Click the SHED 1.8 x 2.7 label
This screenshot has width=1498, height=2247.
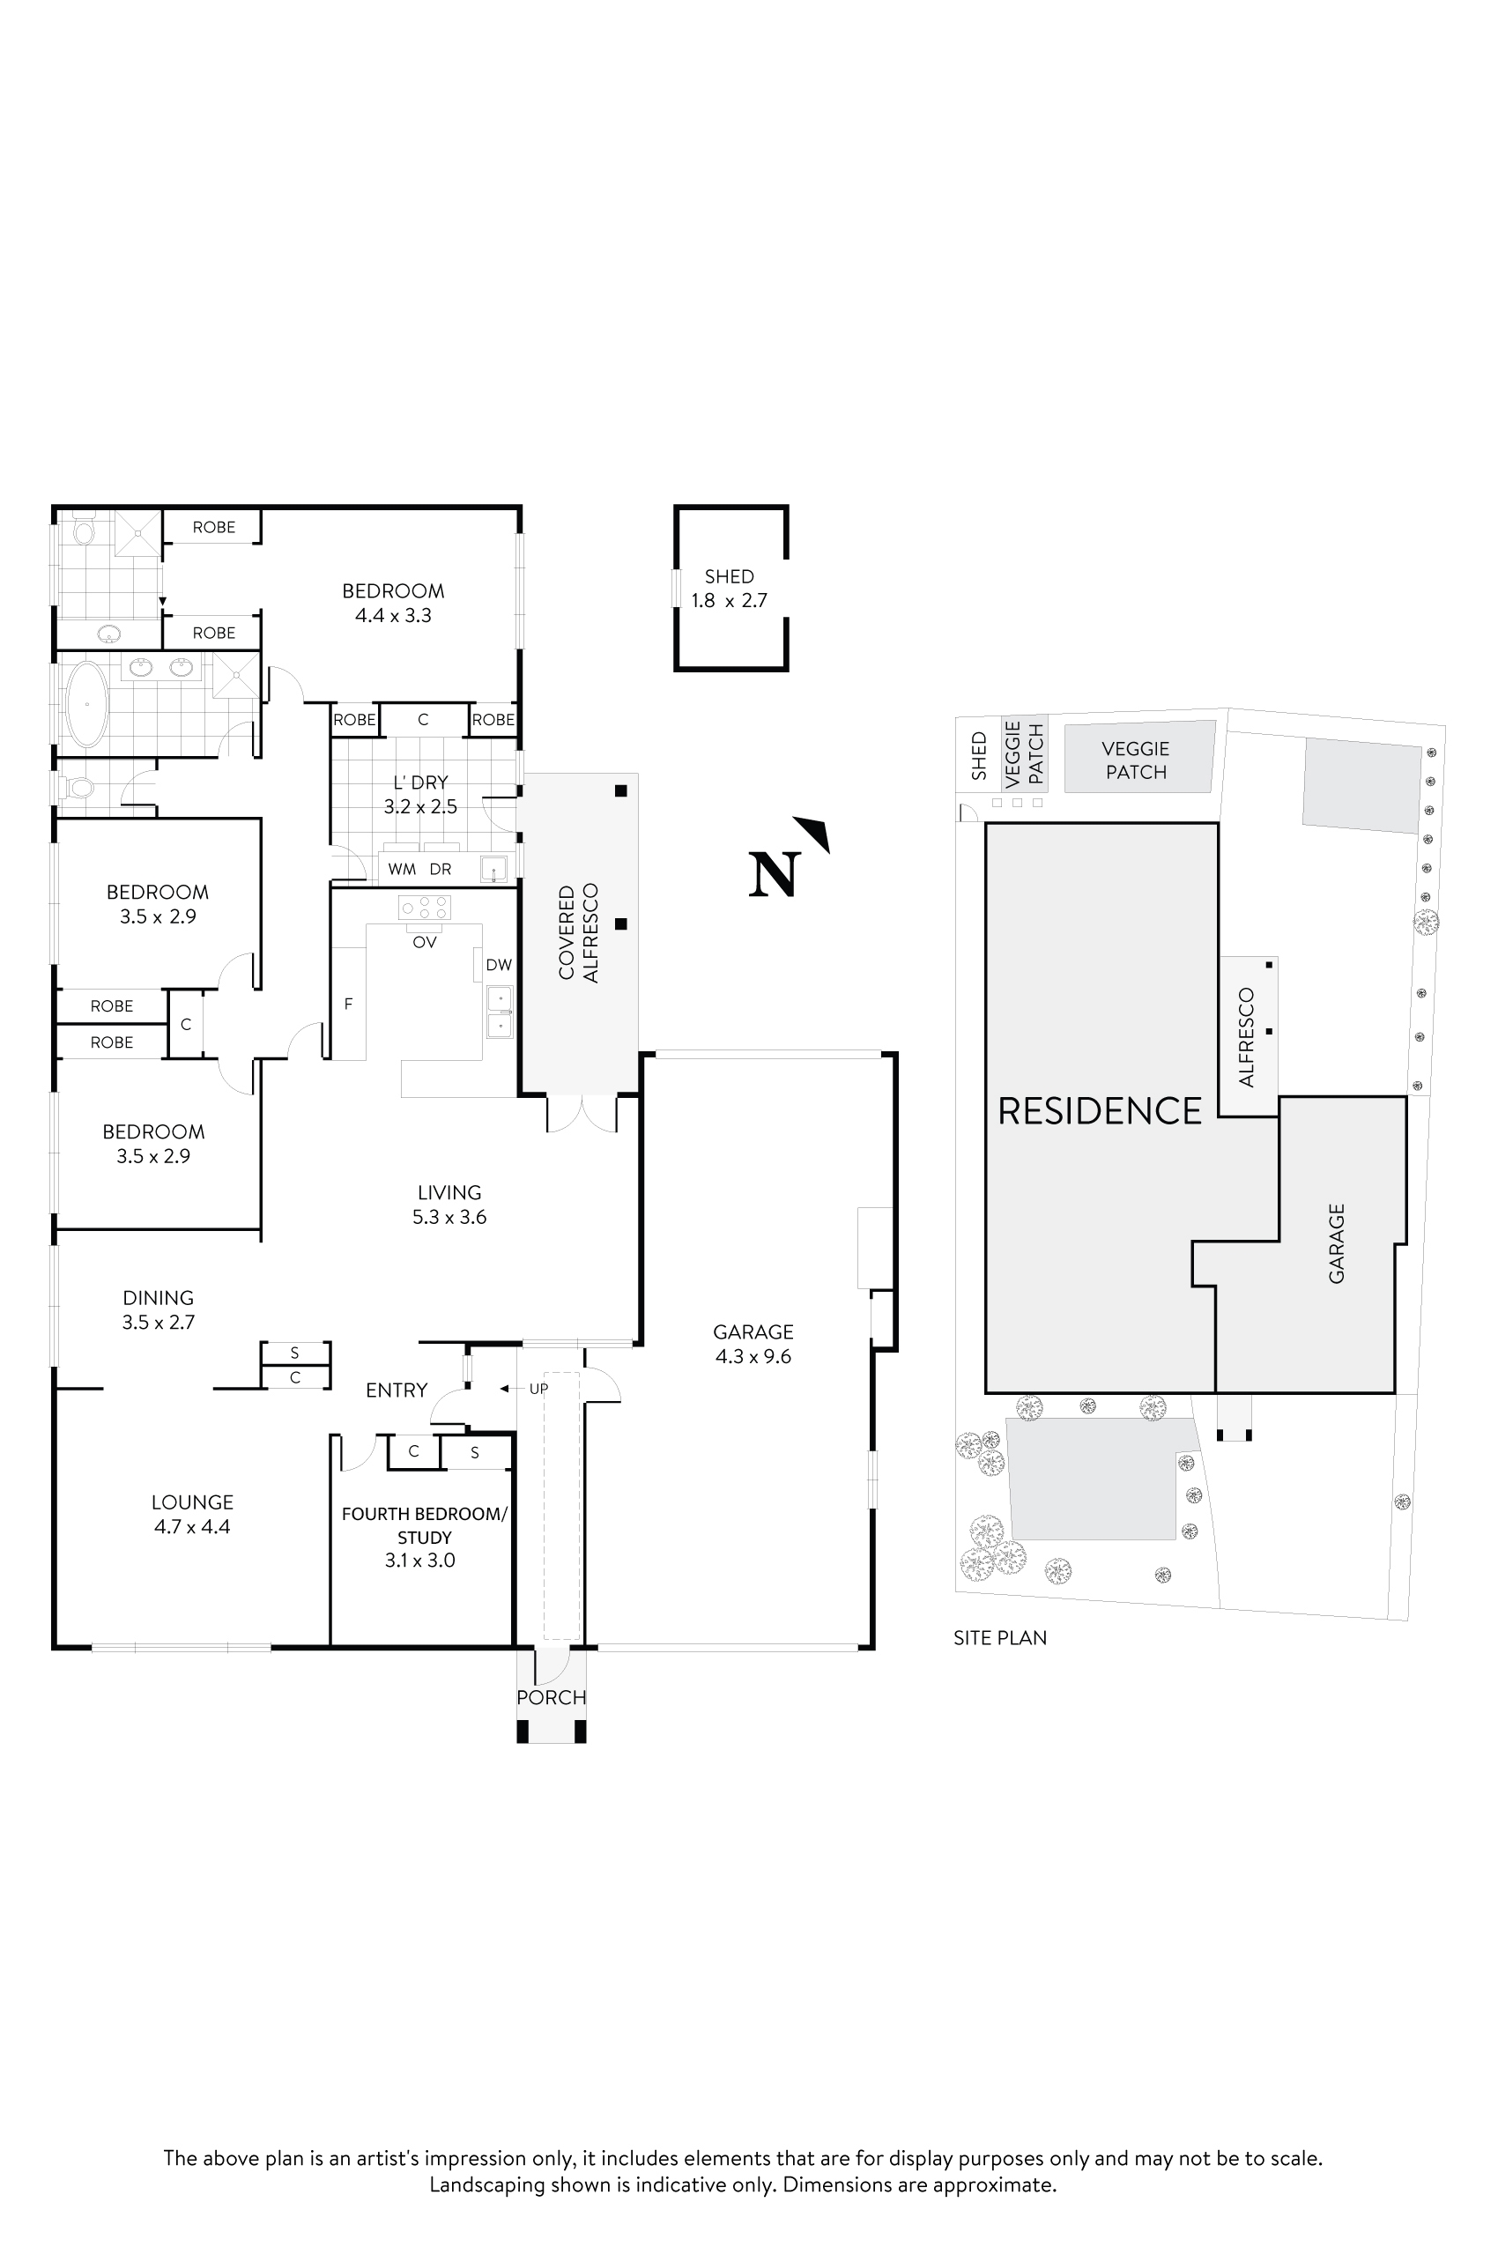(x=729, y=589)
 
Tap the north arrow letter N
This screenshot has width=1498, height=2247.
(x=773, y=874)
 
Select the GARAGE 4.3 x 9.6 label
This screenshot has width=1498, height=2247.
(x=753, y=1344)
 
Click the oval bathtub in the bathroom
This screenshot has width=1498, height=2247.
(x=87, y=703)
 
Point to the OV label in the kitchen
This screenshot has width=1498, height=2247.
(x=424, y=942)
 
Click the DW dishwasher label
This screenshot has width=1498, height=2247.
(x=499, y=965)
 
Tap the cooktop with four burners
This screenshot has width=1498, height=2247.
(x=424, y=907)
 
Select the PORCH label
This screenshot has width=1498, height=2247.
(x=552, y=1698)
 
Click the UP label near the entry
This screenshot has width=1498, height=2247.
(x=538, y=1388)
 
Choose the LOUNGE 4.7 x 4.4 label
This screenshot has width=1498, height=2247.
(x=192, y=1514)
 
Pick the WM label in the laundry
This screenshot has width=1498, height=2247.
(x=401, y=870)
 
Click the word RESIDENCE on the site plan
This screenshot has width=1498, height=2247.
(x=1100, y=1111)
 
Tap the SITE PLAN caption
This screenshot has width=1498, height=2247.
(x=999, y=1637)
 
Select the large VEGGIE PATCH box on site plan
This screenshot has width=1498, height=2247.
(x=1136, y=760)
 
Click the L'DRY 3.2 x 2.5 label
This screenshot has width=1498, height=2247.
(x=420, y=794)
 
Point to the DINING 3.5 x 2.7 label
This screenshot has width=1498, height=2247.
(x=158, y=1309)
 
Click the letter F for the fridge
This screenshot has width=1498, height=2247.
(x=349, y=1004)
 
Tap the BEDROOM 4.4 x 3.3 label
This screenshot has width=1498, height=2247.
(x=393, y=603)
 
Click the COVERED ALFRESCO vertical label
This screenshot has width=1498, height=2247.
(x=578, y=932)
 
